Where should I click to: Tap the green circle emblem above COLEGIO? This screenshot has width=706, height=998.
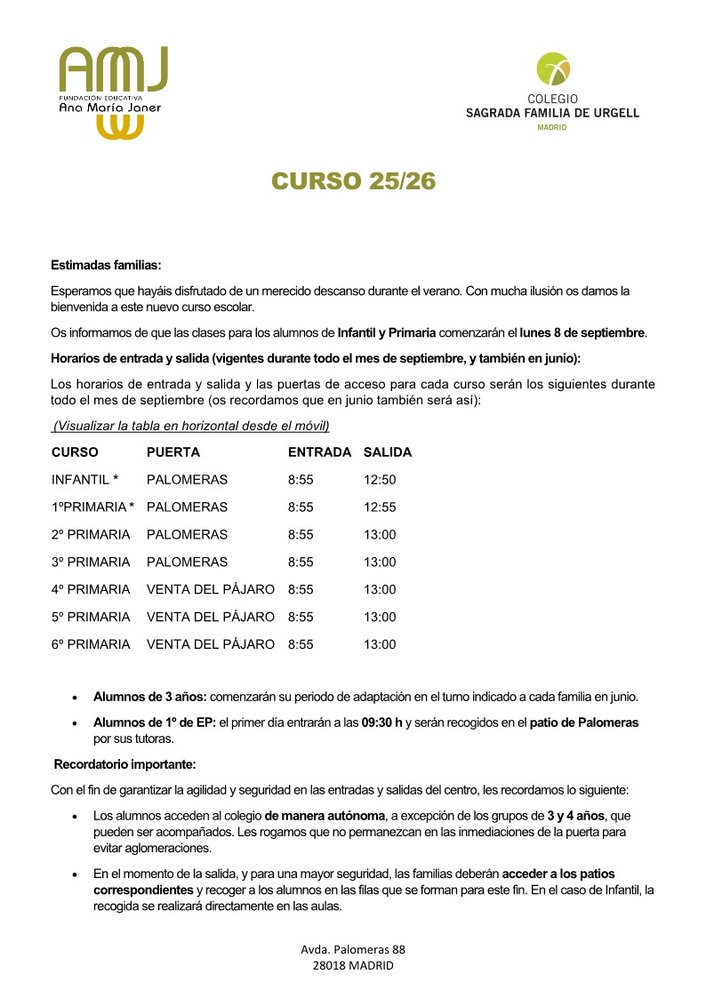[553, 68]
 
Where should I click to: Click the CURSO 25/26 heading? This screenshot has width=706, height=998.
[353, 180]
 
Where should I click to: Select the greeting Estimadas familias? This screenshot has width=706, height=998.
[105, 265]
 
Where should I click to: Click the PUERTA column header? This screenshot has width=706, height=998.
[173, 452]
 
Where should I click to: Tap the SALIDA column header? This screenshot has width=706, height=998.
[388, 452]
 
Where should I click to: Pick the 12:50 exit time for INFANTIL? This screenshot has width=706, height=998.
[380, 480]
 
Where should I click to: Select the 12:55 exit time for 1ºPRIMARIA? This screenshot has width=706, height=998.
[380, 507]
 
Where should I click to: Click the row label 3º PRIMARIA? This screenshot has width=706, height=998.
[91, 563]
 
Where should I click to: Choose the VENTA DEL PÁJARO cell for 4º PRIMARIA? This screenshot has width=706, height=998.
[210, 590]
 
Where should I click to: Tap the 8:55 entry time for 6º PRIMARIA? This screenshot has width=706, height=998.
[301, 644]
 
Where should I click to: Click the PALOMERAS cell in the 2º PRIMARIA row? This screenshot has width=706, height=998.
[187, 535]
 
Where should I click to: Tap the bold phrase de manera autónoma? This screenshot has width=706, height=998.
[325, 815]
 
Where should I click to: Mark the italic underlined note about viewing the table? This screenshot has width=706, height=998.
[190, 427]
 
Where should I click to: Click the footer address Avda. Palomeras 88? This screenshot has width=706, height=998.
[353, 949]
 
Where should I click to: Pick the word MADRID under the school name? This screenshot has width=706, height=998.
[552, 127]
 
